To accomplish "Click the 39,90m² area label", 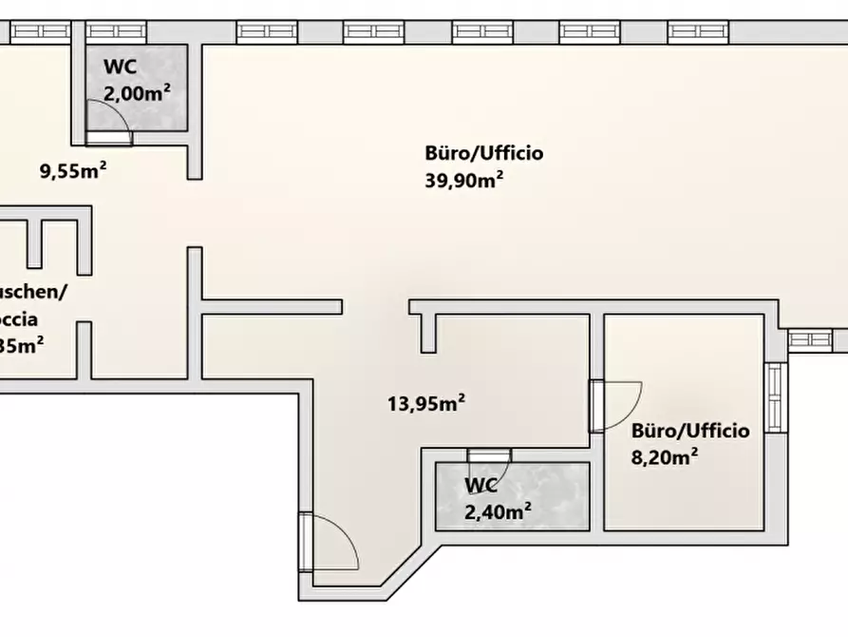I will click(x=463, y=181).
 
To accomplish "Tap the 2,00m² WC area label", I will click(x=137, y=93).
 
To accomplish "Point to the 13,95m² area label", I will click(x=425, y=404).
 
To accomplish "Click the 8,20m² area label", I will click(x=666, y=457).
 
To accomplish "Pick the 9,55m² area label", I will click(x=72, y=172).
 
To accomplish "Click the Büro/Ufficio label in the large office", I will click(x=483, y=153).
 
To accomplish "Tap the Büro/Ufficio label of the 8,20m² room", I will click(x=690, y=431).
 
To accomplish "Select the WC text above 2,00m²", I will click(x=119, y=68).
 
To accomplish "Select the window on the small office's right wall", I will click(x=777, y=397).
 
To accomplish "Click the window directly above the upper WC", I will click(x=117, y=31).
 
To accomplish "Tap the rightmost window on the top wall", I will click(x=698, y=31).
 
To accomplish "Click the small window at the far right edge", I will click(x=809, y=338).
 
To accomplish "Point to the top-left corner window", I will click(x=38, y=31).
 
